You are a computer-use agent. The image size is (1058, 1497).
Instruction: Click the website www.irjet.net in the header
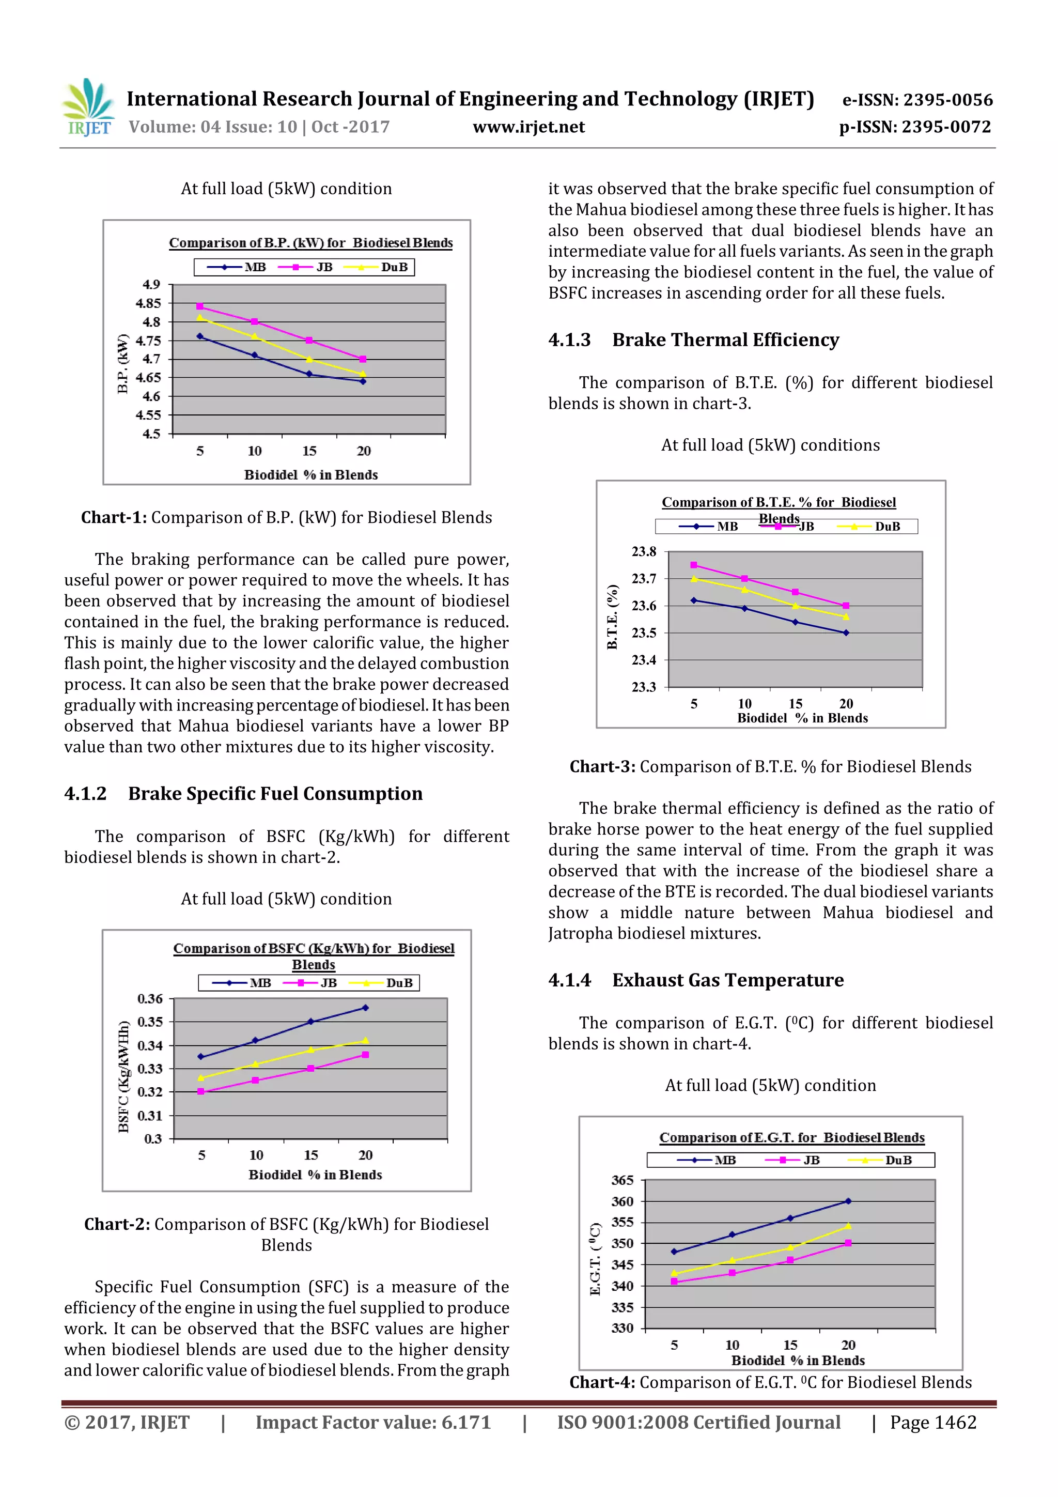click(x=528, y=127)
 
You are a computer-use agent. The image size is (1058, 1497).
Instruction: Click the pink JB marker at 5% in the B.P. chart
click(x=200, y=306)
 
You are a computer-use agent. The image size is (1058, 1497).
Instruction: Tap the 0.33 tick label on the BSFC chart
click(x=150, y=1069)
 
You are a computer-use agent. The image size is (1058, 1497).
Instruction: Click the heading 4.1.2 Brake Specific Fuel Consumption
click(x=243, y=794)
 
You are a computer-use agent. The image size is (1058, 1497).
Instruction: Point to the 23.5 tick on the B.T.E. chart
click(x=644, y=633)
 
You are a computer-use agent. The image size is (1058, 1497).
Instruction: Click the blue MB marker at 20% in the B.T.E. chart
click(x=846, y=632)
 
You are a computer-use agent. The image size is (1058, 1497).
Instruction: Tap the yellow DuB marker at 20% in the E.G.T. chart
click(x=848, y=1226)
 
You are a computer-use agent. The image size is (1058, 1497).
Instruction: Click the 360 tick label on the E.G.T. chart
click(x=622, y=1201)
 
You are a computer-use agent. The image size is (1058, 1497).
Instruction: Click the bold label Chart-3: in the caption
click(x=602, y=767)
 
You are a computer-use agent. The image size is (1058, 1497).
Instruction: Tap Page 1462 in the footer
click(x=933, y=1423)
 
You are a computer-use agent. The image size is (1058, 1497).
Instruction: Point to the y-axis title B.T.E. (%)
click(x=612, y=616)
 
